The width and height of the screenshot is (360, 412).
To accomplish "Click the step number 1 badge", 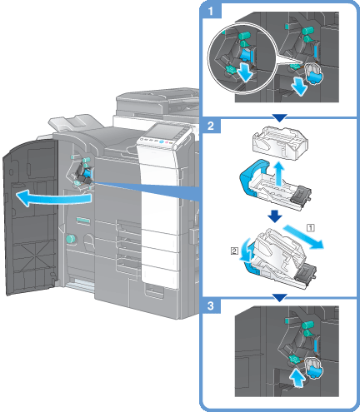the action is [x=211, y=12].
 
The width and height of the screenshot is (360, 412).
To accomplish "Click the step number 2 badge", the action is [x=211, y=126].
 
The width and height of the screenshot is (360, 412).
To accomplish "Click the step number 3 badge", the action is [x=211, y=305].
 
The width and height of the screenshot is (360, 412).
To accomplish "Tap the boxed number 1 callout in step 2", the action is [x=311, y=228].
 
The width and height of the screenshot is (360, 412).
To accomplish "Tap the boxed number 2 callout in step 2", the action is [x=234, y=251].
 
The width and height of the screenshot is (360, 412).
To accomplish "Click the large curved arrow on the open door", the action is [x=52, y=198].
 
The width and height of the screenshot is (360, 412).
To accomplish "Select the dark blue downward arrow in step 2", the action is [x=275, y=216].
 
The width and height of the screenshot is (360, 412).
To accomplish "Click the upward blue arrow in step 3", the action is [x=297, y=377].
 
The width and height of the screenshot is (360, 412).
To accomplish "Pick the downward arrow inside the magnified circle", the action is [x=245, y=72].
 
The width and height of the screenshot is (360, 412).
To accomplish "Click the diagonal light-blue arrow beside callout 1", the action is [x=304, y=236].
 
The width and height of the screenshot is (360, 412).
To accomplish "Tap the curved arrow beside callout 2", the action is [x=246, y=251].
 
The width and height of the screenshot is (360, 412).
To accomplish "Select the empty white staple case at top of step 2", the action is [x=280, y=143].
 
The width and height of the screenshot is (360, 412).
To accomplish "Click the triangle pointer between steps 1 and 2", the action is [x=280, y=117].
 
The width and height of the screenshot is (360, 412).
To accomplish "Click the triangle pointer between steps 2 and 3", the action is [x=280, y=298].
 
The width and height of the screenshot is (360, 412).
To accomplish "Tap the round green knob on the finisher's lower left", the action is [x=71, y=239].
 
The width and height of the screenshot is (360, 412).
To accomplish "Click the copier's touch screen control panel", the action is [x=166, y=132].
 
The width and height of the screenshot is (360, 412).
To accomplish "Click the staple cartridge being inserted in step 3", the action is [x=313, y=368].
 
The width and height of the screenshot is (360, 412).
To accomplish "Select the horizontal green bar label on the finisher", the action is [x=83, y=221].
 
